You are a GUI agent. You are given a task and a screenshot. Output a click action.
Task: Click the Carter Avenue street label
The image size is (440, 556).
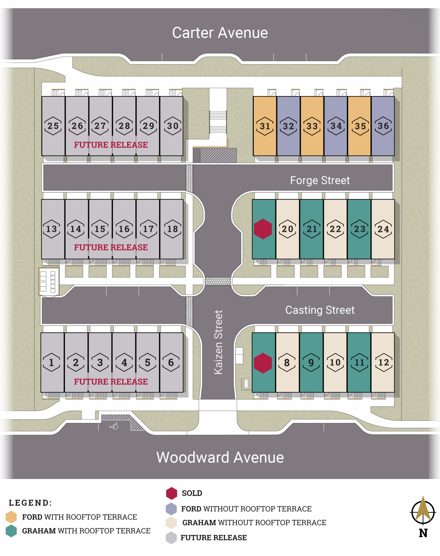coord(220,33)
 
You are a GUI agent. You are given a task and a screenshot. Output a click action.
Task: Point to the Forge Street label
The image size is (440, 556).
coord(320,180)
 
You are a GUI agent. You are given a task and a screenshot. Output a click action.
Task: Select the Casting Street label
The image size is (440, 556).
coord(320,310)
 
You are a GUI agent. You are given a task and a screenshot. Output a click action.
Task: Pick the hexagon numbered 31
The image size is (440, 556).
coord(265,126)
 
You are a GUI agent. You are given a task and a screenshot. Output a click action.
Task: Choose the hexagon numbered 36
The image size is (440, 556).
coord(383,126)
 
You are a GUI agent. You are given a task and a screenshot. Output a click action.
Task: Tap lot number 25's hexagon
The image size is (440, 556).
coord(53,126)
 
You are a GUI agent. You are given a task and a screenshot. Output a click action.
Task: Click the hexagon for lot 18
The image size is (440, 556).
coord(173,229)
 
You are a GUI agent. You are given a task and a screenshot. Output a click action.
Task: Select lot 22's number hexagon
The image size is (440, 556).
coord(335,229)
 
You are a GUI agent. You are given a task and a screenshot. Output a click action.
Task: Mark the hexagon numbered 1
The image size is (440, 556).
coord(51,362)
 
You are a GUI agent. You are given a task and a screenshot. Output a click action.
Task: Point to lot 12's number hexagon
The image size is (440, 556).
coord(384,362)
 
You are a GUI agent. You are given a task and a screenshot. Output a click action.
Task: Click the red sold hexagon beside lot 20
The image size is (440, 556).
coord(263,229)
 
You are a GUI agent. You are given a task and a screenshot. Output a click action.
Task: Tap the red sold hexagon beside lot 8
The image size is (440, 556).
coord(263,363)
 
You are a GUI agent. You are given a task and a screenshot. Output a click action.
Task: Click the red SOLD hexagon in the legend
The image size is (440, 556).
coord(171,493)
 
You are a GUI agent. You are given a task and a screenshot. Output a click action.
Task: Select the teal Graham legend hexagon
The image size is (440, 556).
coord(11,531)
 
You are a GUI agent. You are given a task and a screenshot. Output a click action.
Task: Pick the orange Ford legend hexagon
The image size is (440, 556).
coord(11,517)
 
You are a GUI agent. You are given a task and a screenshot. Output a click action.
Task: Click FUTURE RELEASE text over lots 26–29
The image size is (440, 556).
coord(111,145)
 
